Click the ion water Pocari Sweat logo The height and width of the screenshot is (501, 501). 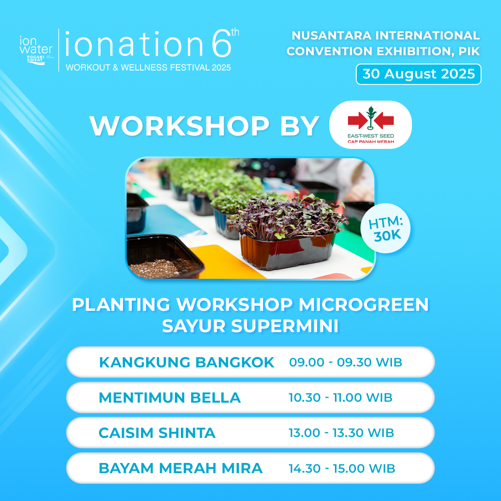36,51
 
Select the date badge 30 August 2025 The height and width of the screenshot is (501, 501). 418,74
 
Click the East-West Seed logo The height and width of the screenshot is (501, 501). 371,125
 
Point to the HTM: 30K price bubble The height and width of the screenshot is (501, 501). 385,228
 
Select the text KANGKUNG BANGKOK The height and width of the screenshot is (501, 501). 186,362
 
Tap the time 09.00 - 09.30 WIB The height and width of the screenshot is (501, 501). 346,362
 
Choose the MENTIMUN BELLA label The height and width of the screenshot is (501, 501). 170,398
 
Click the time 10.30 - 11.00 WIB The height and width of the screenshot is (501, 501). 340,398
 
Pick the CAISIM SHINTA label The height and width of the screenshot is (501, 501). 157,433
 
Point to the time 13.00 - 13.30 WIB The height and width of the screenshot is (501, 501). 341,433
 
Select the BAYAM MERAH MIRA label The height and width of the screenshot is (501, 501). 180,469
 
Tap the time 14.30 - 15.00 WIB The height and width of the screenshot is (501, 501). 342,469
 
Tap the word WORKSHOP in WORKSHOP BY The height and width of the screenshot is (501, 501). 180,126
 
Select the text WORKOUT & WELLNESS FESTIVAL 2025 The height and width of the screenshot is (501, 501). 148,67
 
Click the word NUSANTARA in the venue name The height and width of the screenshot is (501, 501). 332,35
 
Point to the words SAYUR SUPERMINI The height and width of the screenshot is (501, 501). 250,326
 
